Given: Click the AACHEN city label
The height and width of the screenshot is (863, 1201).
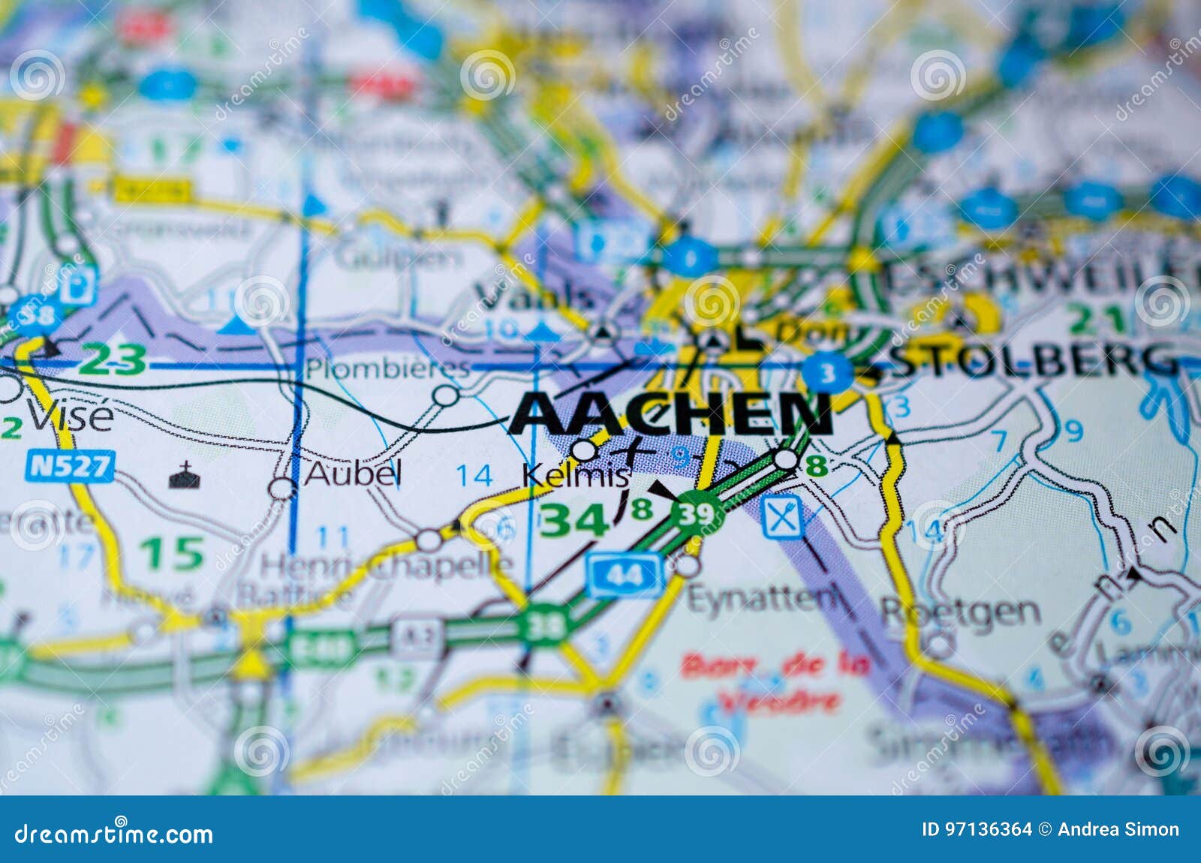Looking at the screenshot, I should point(670,414).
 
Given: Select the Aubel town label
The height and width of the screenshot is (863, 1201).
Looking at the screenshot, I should point(353,474).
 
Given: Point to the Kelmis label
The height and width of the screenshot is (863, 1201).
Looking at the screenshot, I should point(575,475).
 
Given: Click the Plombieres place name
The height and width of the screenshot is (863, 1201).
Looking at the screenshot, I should point(387,369).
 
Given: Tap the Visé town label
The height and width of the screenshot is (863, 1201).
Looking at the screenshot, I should point(70,416).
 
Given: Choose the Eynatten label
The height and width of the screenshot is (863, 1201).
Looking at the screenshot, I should point(763,599).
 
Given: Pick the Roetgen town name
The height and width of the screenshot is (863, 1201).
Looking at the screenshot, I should point(960,612).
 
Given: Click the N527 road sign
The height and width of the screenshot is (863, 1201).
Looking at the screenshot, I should point(69,467).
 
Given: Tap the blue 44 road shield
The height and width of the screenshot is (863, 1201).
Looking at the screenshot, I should point(625,576).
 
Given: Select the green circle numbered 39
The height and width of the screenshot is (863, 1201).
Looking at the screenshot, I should point(694,514).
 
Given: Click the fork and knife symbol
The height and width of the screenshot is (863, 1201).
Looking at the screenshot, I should point(781,519).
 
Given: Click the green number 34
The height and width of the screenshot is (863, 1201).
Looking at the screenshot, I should point(573,519).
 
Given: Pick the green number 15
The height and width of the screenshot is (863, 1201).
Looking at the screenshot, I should point(172,553).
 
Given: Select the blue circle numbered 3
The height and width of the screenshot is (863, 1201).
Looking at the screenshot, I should point(826,373).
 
